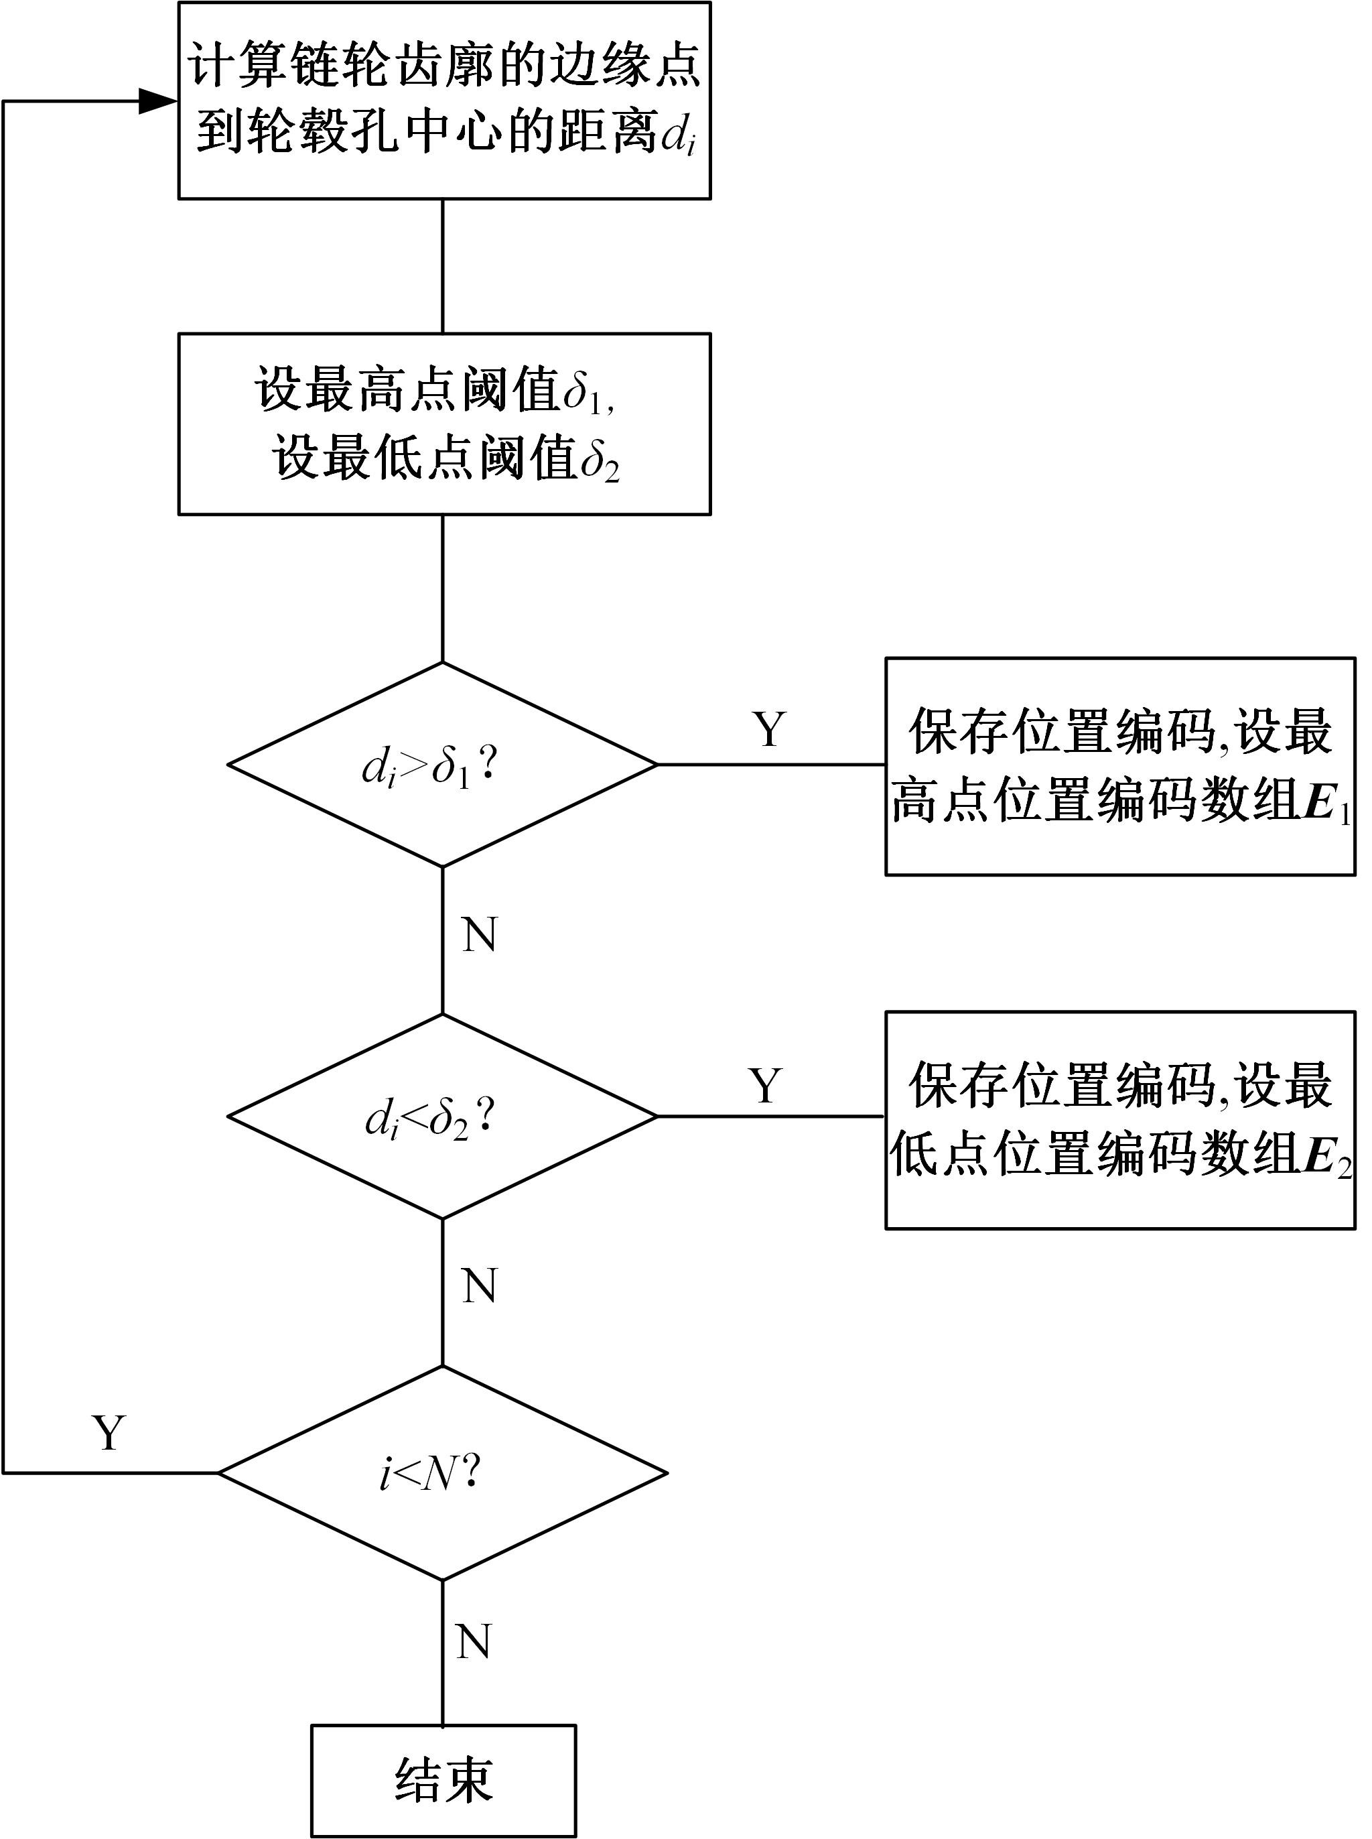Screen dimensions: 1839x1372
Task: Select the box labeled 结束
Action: pos(443,1780)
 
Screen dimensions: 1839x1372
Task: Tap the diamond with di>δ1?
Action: pos(443,765)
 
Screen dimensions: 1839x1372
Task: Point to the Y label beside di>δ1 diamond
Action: pos(769,729)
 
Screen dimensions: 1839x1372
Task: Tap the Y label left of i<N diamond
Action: pos(110,1433)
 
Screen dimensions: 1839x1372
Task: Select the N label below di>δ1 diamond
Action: pos(479,936)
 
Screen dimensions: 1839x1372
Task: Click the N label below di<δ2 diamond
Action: pos(479,1286)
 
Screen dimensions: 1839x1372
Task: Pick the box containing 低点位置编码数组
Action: pos(1119,1119)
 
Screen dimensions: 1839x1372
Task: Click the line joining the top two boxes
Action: pos(443,266)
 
